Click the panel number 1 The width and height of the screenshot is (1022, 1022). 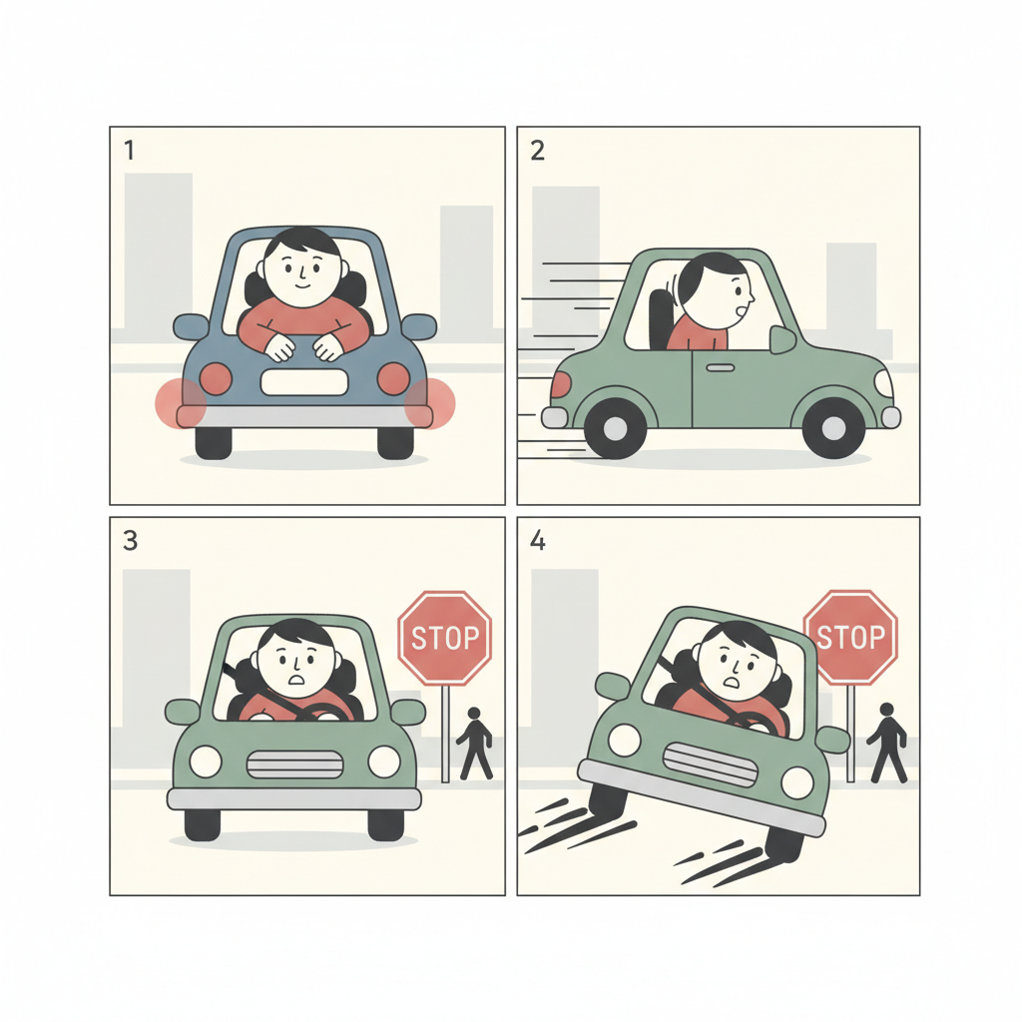129,151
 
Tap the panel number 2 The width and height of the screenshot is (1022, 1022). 537,151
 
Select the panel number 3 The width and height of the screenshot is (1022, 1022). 131,541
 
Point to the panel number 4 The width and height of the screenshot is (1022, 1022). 538,541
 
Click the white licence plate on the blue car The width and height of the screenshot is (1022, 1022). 303,382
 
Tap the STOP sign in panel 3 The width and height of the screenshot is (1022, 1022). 444,638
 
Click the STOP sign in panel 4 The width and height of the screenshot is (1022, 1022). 850,637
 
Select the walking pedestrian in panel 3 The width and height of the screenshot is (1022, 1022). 474,744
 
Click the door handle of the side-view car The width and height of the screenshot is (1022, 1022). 721,367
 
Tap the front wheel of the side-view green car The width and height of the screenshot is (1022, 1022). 833,427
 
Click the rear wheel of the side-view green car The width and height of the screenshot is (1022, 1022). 615,428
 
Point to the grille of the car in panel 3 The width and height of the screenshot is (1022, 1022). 294,764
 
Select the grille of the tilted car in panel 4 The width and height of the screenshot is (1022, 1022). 710,765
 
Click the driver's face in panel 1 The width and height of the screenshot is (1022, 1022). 301,269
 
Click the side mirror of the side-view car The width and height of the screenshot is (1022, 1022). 782,339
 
